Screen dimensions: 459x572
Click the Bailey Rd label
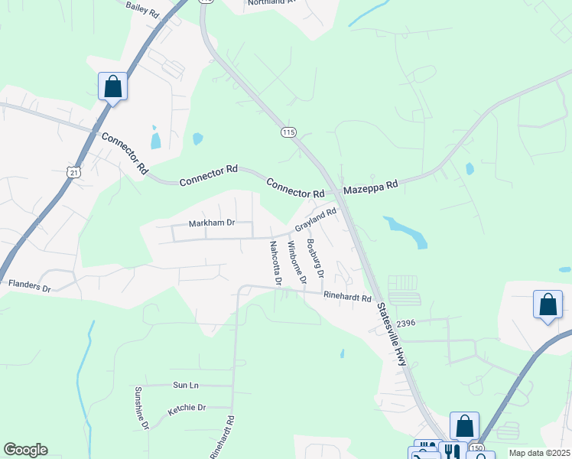point(142,9)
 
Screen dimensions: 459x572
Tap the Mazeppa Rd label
point(372,186)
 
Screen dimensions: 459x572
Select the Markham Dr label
point(211,223)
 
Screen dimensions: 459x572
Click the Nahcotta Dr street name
point(275,263)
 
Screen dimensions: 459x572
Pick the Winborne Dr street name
point(297,263)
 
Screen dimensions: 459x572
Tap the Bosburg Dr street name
point(315,259)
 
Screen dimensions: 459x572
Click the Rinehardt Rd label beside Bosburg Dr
point(347,297)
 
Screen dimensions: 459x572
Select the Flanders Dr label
point(29,287)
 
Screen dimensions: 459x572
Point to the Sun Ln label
point(186,386)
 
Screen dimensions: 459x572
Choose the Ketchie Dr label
point(187,409)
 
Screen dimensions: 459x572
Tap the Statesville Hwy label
point(392,334)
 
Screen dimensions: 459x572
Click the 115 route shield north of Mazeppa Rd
point(288,132)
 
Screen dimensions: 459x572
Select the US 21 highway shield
point(72,174)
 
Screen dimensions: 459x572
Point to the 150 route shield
point(477,447)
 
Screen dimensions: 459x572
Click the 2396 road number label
point(405,324)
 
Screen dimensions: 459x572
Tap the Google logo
point(25,450)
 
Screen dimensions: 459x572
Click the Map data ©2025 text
point(539,453)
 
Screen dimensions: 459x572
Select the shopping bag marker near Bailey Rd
point(113,87)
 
